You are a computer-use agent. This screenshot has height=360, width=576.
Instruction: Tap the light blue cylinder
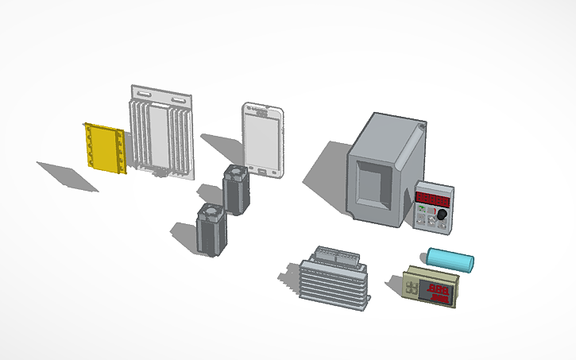[450, 259]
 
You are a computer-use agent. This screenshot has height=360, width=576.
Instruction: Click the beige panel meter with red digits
[430, 288]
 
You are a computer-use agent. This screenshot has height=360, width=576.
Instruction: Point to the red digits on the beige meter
[440, 293]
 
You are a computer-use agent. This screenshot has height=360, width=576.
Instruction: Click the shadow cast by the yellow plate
[68, 175]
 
